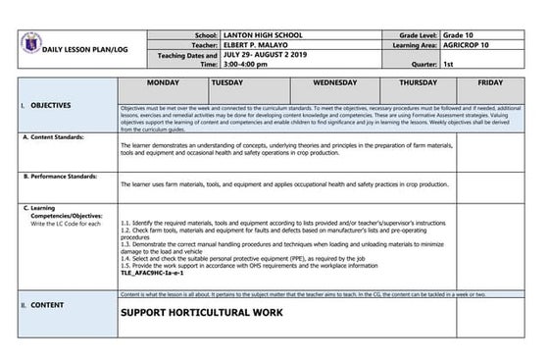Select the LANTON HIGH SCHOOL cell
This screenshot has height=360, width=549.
point(261,33)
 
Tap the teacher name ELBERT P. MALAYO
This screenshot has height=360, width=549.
point(259,44)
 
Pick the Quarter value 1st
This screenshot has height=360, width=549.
point(449,63)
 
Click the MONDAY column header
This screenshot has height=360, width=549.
point(162,83)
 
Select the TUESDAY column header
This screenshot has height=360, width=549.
point(227,83)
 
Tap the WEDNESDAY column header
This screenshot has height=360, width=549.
point(335,83)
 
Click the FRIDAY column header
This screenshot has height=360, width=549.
point(490,83)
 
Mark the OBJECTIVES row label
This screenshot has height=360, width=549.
point(50,103)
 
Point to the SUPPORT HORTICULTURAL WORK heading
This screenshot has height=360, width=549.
point(201,313)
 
